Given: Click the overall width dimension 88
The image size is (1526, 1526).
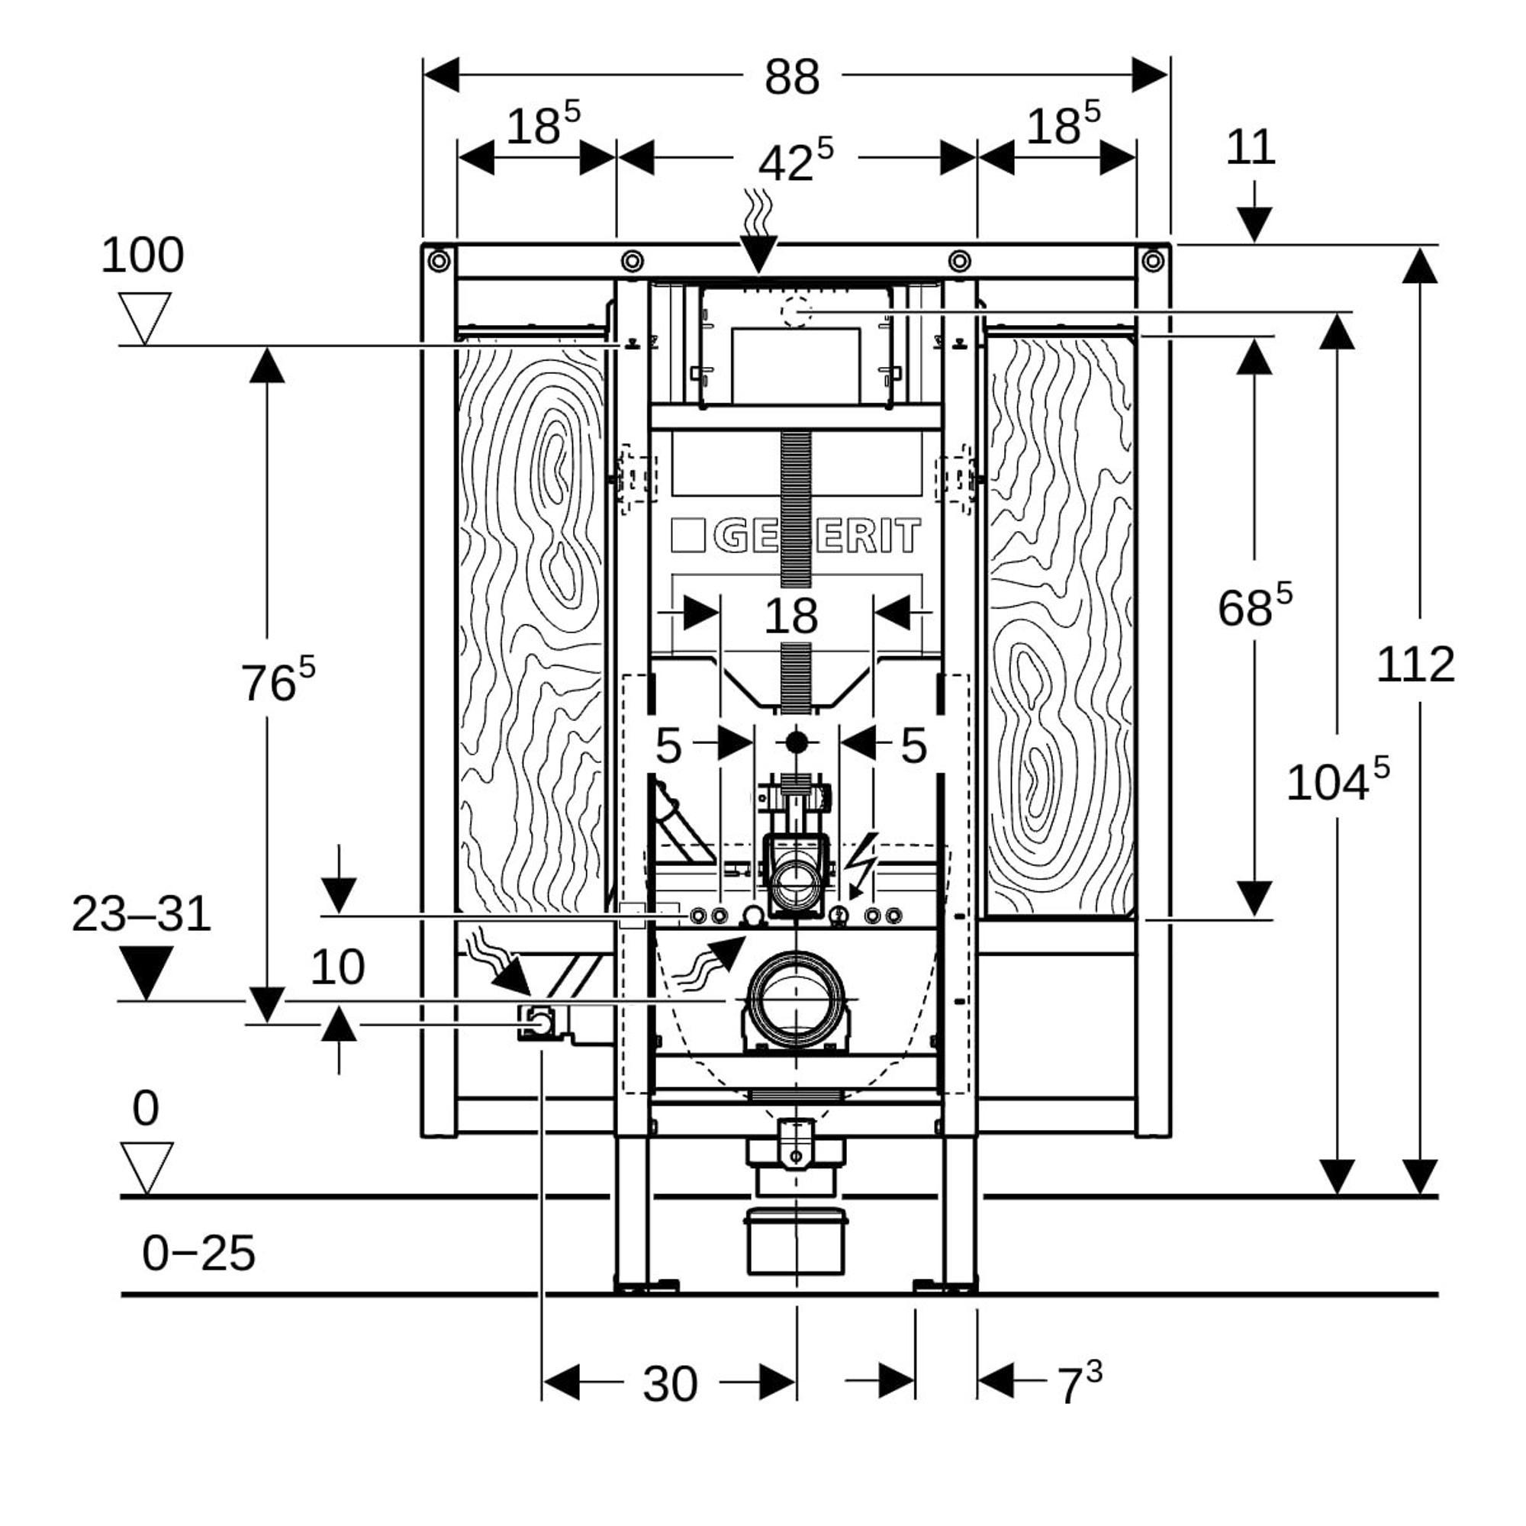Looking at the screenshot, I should [791, 77].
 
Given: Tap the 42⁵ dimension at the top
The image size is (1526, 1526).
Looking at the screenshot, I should [794, 161].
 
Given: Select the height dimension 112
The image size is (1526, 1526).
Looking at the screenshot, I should [1415, 665].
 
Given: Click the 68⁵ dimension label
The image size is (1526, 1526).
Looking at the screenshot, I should [1254, 607].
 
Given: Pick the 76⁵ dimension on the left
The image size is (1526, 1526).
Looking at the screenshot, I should [277, 681].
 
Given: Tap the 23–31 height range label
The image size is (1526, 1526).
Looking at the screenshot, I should [141, 915].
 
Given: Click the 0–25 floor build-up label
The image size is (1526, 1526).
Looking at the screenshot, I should [198, 1254].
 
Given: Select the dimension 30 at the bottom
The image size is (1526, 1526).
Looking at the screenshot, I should [670, 1384].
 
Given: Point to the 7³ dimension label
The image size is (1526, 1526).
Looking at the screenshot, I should [1079, 1384].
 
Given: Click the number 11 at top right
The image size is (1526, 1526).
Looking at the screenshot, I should [1251, 148].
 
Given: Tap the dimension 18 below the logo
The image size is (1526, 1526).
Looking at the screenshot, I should [790, 617].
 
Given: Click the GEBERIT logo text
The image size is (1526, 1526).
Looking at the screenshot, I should [796, 536].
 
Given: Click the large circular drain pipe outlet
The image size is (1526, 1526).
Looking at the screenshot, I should [795, 1000].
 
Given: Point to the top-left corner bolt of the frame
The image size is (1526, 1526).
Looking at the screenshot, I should [439, 260].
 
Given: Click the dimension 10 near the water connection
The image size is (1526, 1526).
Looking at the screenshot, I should [337, 967].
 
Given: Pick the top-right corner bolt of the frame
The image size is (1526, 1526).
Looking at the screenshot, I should [1152, 260].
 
